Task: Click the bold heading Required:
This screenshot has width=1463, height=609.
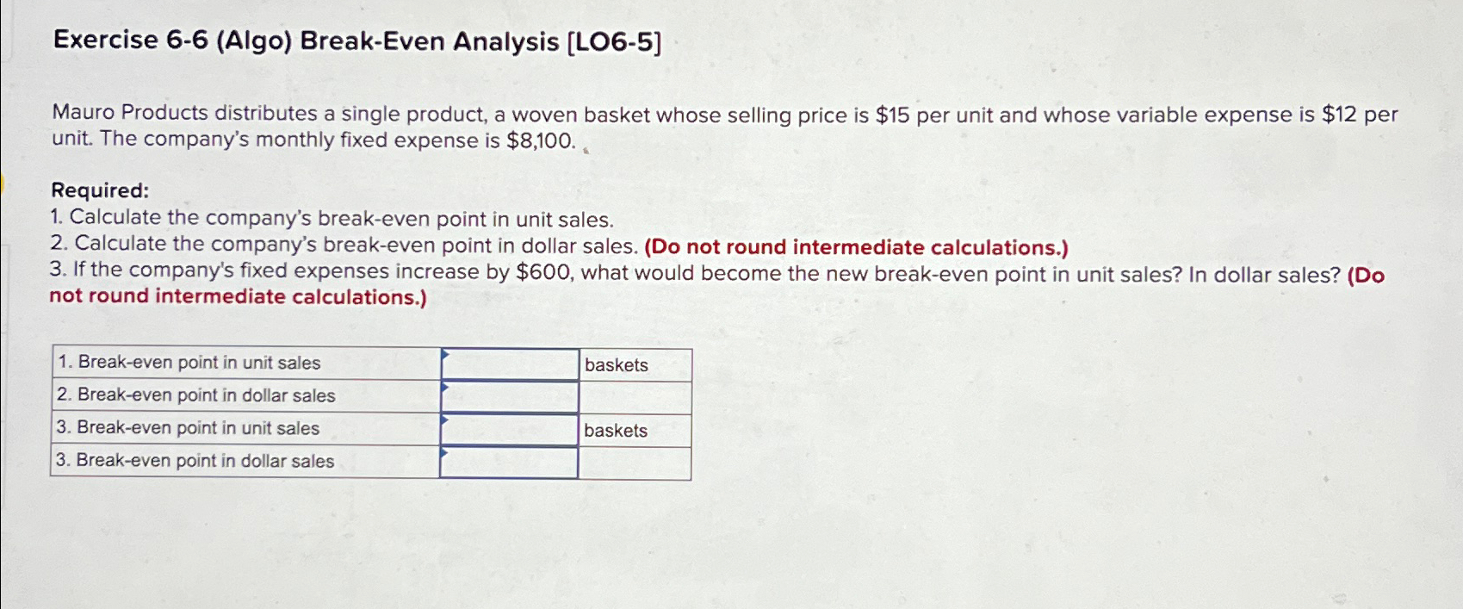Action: pos(100,190)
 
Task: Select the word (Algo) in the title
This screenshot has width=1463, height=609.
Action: pos(254,41)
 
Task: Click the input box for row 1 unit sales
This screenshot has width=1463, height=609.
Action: pos(510,364)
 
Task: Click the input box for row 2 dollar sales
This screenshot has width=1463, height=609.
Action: pos(510,397)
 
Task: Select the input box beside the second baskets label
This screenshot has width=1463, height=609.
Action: pos(510,430)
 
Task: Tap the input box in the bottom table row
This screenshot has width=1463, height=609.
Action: pos(510,463)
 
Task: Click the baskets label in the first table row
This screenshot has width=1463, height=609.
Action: pos(617,365)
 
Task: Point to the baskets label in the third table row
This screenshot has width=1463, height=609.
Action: pos(616,431)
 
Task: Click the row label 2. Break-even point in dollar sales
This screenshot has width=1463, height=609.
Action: pos(195,395)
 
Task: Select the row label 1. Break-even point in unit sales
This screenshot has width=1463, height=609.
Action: pos(189,363)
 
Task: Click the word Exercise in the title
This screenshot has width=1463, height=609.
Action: pos(105,40)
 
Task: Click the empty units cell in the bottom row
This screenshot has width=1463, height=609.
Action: pos(634,463)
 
